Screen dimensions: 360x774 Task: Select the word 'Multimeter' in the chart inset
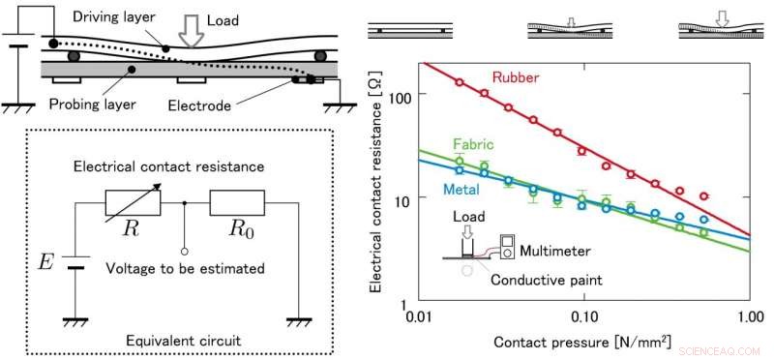pos(558,251)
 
